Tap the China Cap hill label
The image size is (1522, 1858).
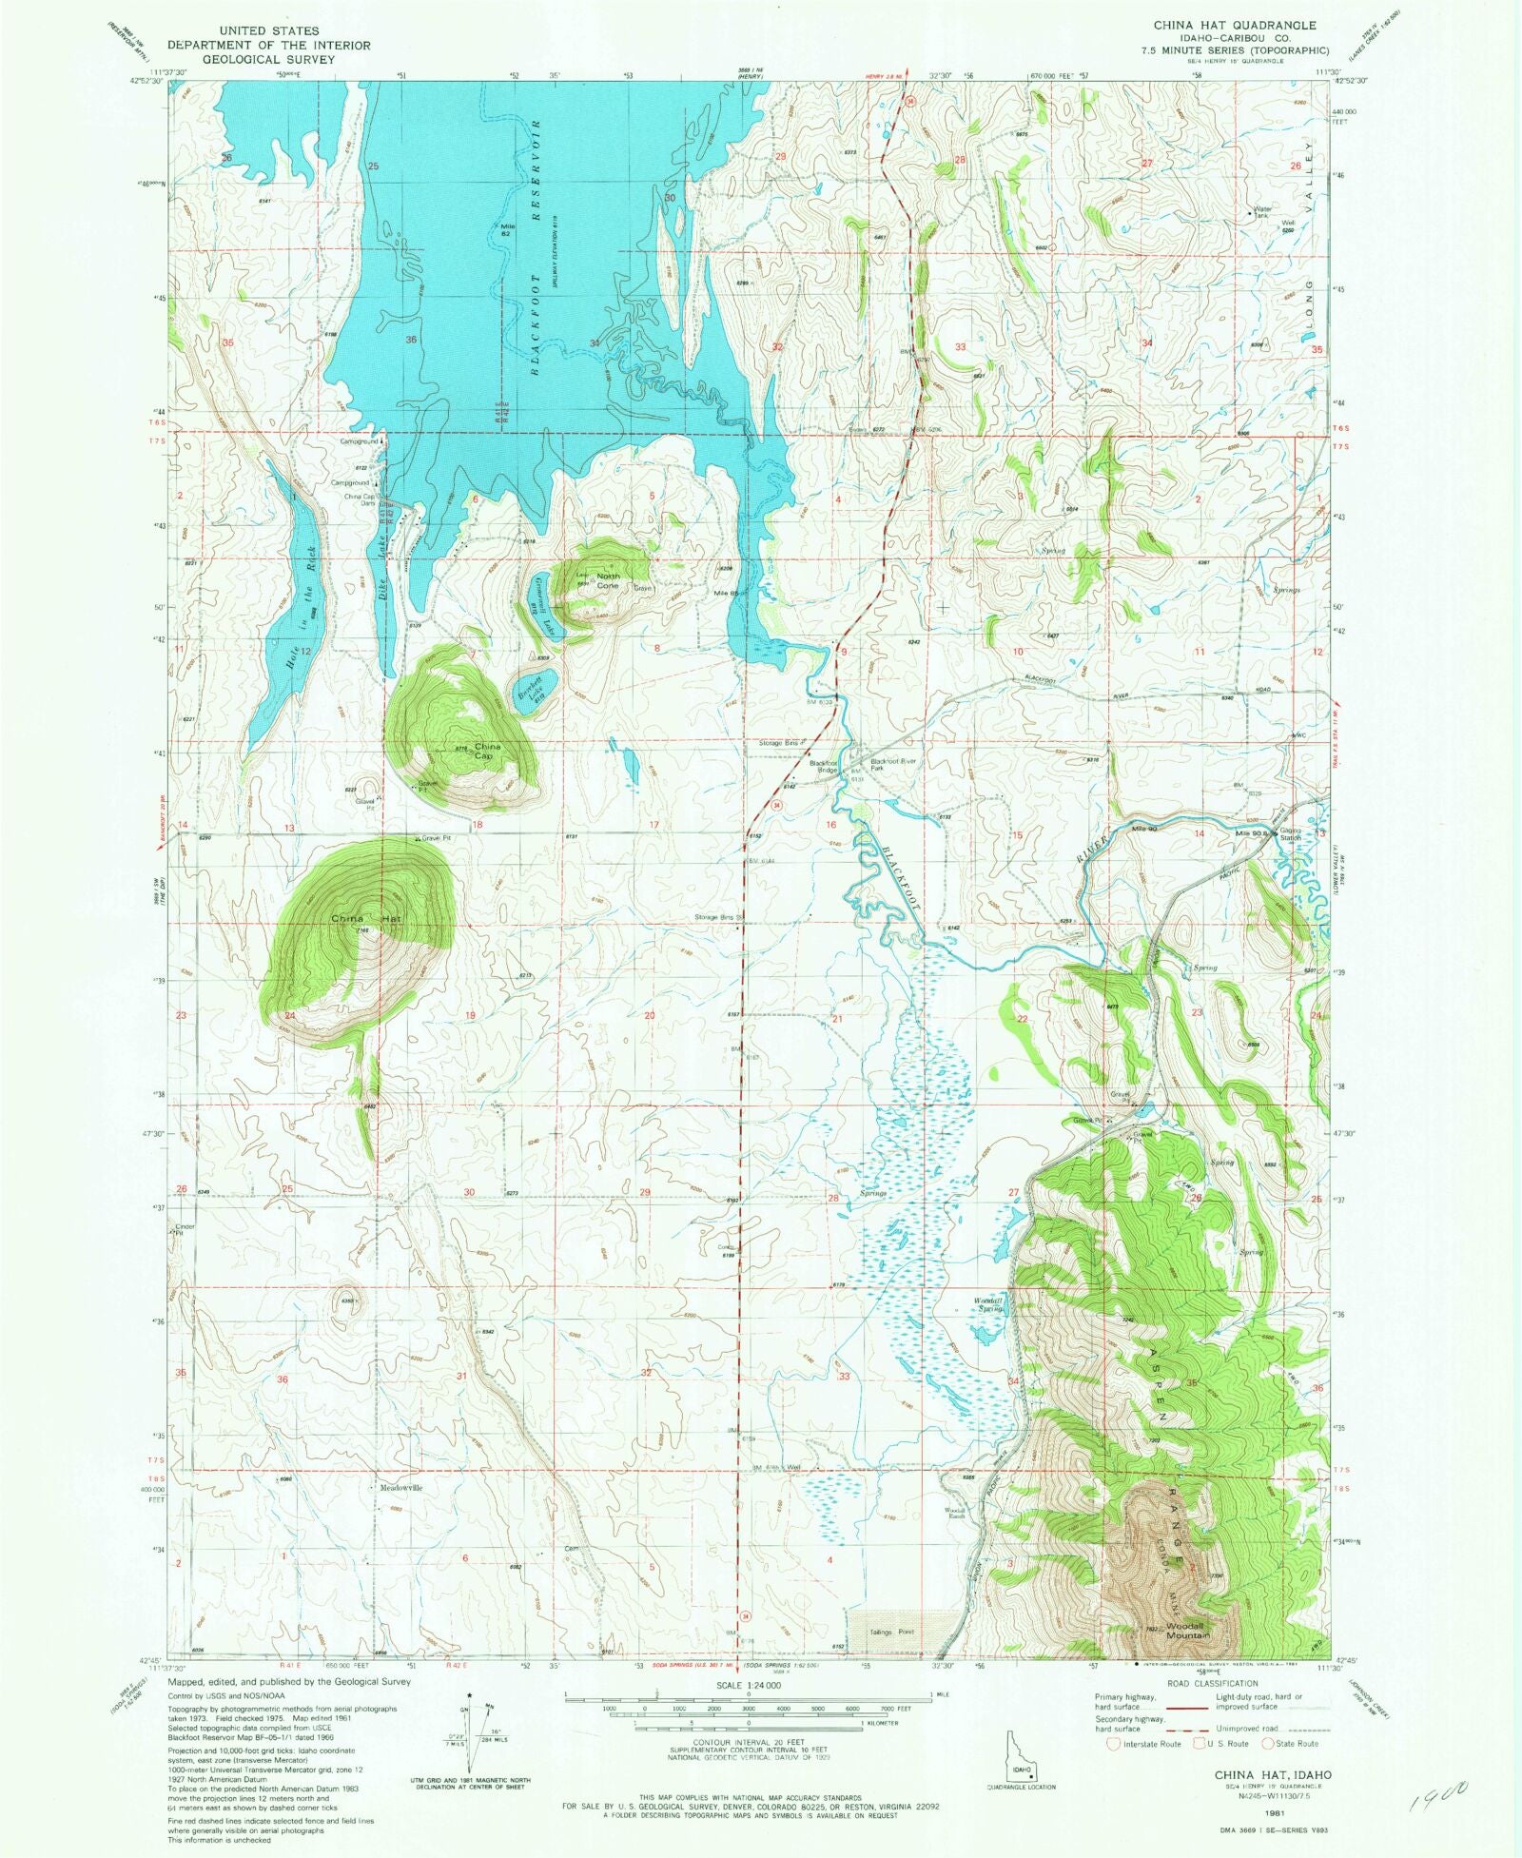[487, 752]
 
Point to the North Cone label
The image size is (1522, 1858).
[608, 580]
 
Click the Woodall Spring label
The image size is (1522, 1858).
[987, 1305]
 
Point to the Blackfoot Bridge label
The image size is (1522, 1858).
[823, 766]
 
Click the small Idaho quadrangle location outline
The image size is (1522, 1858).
[1022, 1758]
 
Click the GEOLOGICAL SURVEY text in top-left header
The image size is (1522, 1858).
[268, 59]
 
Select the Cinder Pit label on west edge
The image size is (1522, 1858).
[183, 1229]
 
